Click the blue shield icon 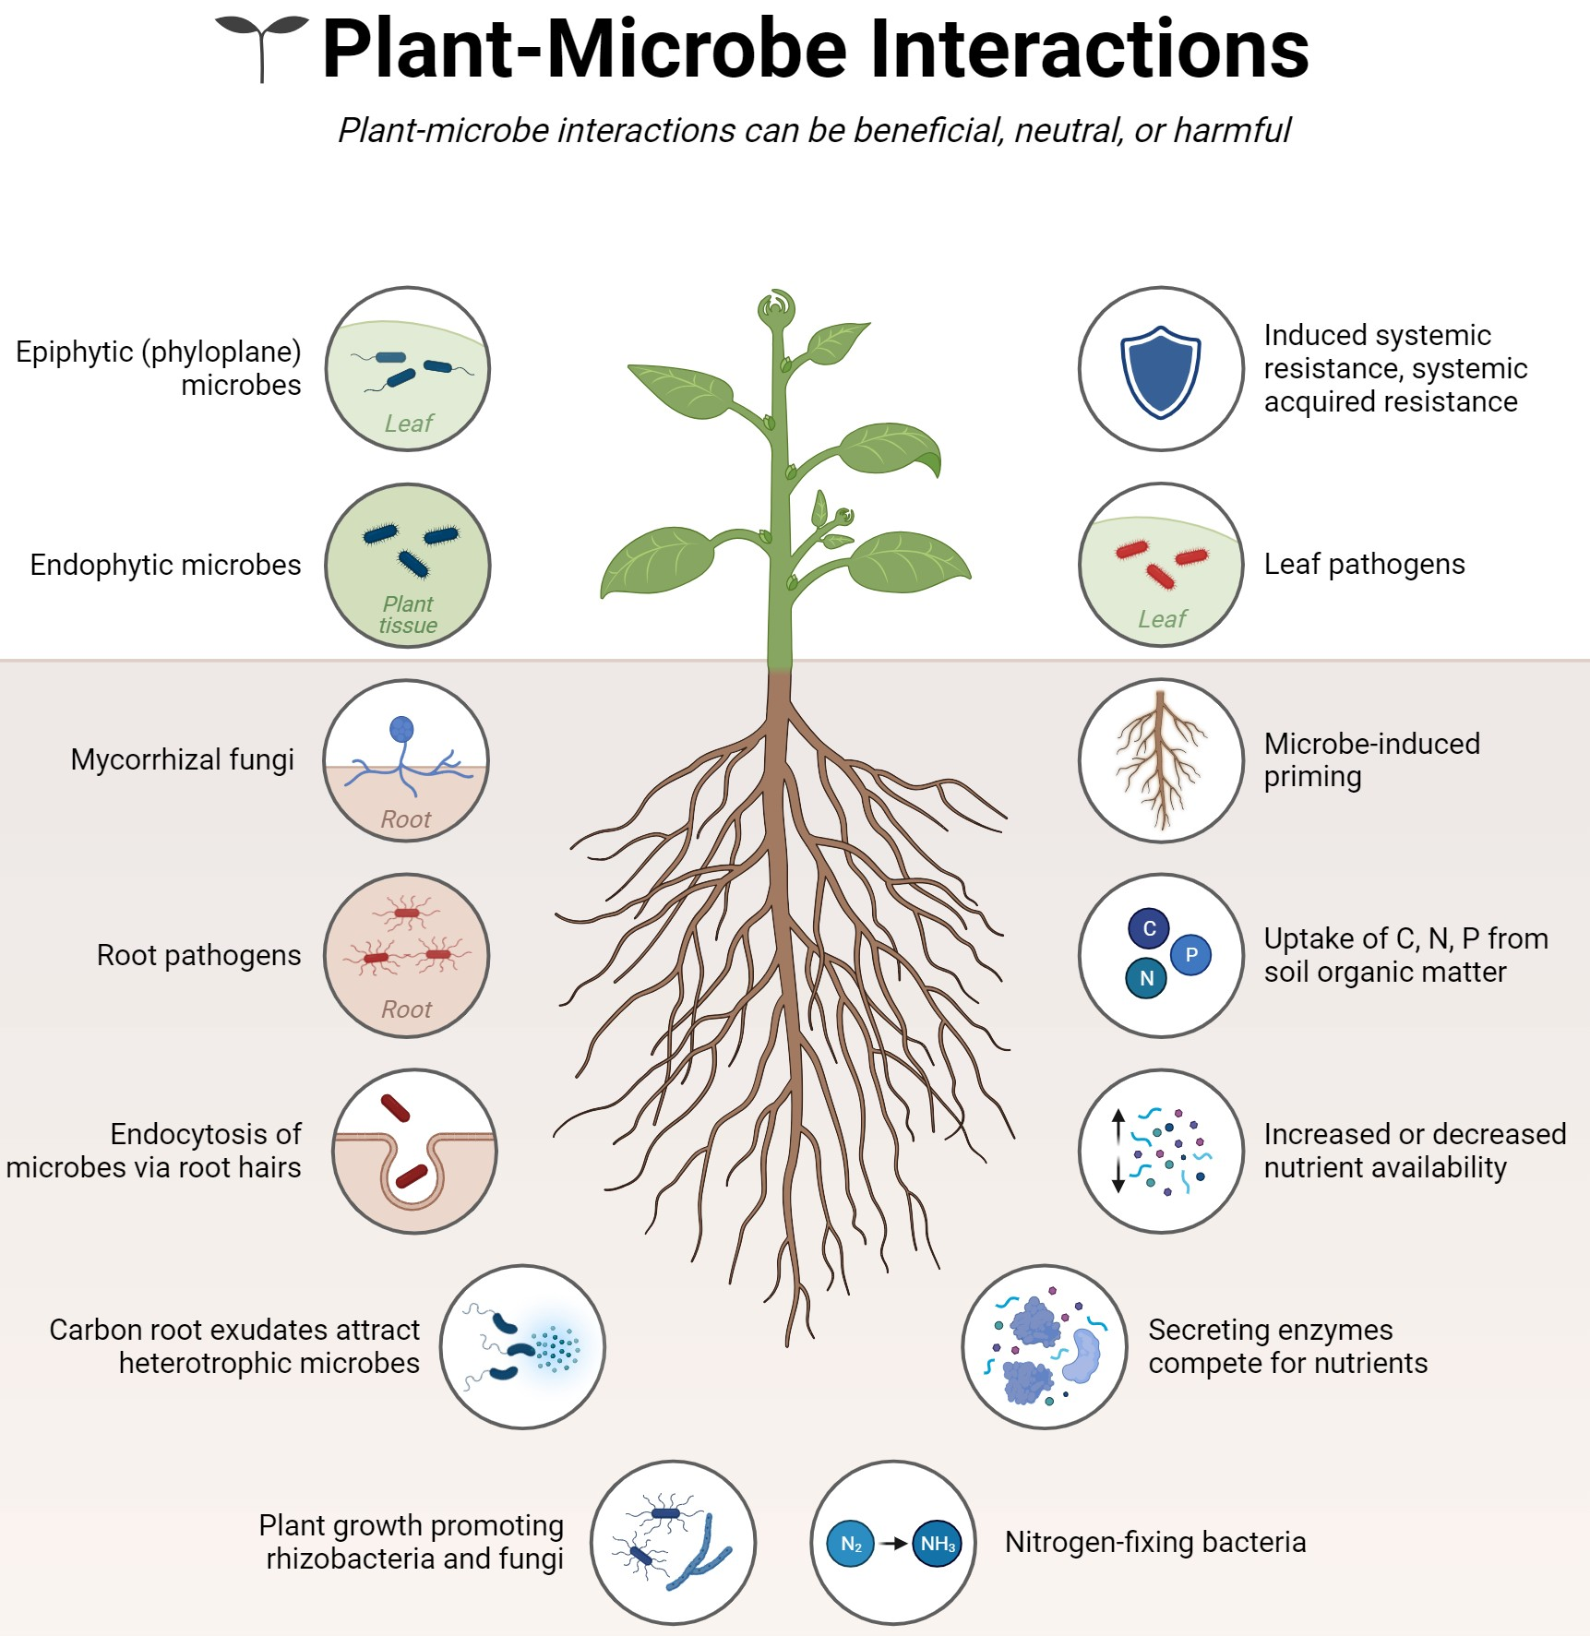(1160, 371)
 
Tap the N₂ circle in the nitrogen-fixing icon (850, 1544)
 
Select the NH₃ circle (937, 1544)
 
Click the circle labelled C (1149, 928)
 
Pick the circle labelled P (1191, 955)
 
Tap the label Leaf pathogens (1364, 564)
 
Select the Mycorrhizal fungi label (183, 759)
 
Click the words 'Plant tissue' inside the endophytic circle (408, 615)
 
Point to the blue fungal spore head (402, 730)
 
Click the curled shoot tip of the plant (777, 308)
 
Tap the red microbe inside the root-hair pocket (412, 1176)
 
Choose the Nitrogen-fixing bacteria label (1155, 1542)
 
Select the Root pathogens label (198, 955)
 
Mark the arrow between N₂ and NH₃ (893, 1544)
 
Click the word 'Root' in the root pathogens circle (406, 1009)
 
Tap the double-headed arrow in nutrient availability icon (1118, 1151)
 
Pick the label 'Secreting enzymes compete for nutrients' (1287, 1346)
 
